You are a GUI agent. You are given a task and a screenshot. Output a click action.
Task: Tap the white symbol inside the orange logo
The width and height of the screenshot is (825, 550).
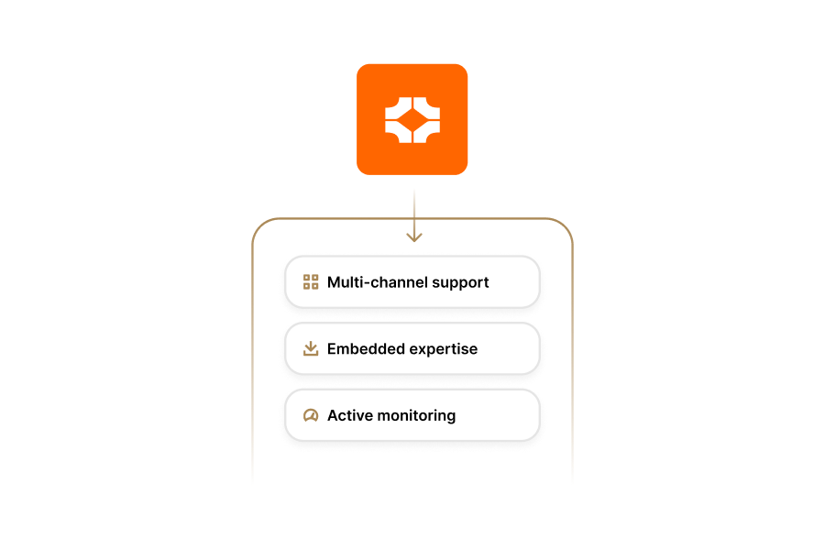412,119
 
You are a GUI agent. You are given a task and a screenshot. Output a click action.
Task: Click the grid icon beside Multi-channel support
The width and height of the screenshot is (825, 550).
311,282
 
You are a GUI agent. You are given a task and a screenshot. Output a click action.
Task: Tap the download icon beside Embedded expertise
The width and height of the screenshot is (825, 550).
311,348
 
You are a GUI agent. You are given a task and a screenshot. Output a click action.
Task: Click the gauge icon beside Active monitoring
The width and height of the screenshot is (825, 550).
311,415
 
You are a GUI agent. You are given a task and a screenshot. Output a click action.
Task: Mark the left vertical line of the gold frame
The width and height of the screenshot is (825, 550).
252,367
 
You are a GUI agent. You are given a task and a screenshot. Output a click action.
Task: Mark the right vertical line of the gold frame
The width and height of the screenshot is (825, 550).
573,367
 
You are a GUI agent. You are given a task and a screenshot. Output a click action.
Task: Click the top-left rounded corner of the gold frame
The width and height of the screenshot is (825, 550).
259,225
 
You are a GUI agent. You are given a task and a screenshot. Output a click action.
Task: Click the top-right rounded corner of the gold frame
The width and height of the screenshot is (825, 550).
566,225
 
